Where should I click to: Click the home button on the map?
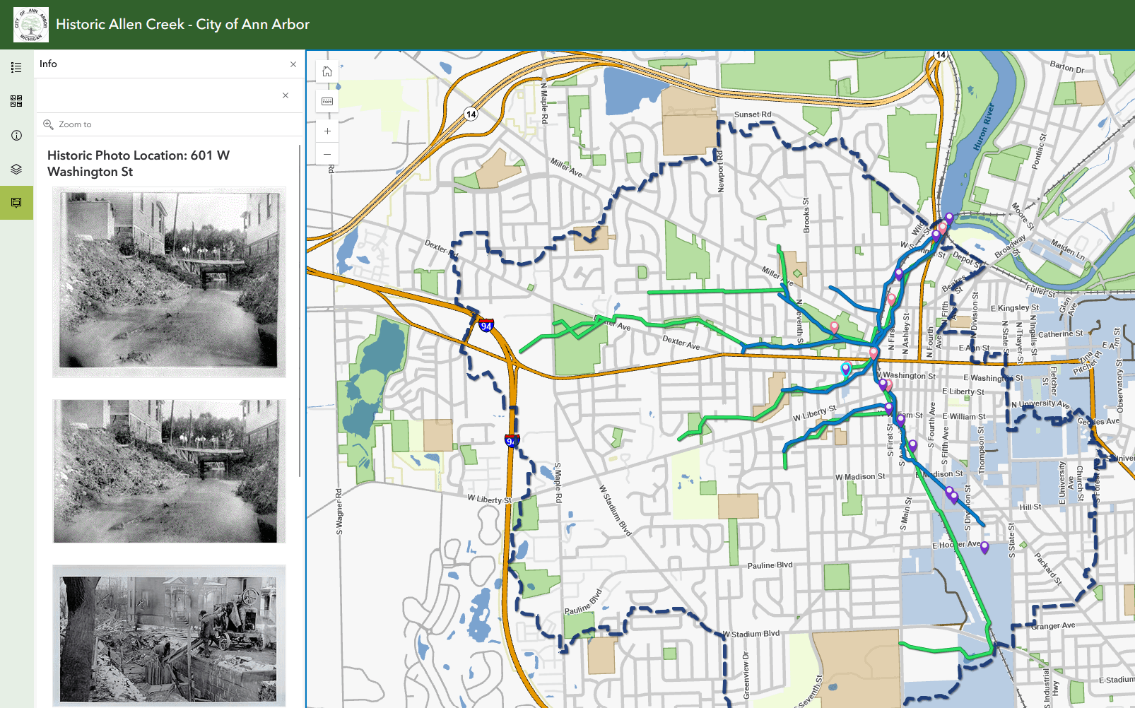click(327, 71)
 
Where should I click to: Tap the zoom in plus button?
click(327, 131)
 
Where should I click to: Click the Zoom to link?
click(75, 124)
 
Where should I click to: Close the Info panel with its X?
click(293, 64)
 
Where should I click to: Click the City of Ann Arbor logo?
click(30, 25)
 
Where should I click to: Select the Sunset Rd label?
click(753, 114)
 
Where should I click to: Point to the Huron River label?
click(983, 127)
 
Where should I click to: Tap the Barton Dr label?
click(1066, 67)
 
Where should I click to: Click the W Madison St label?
click(860, 477)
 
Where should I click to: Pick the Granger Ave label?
click(1053, 626)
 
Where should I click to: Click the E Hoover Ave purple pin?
click(984, 546)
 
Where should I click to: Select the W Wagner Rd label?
click(339, 511)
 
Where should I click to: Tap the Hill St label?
click(1030, 507)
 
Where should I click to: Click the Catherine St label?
click(1060, 334)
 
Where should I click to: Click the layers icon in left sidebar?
click(16, 170)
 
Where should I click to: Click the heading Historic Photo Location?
click(139, 163)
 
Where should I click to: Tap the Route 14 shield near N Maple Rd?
click(471, 114)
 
